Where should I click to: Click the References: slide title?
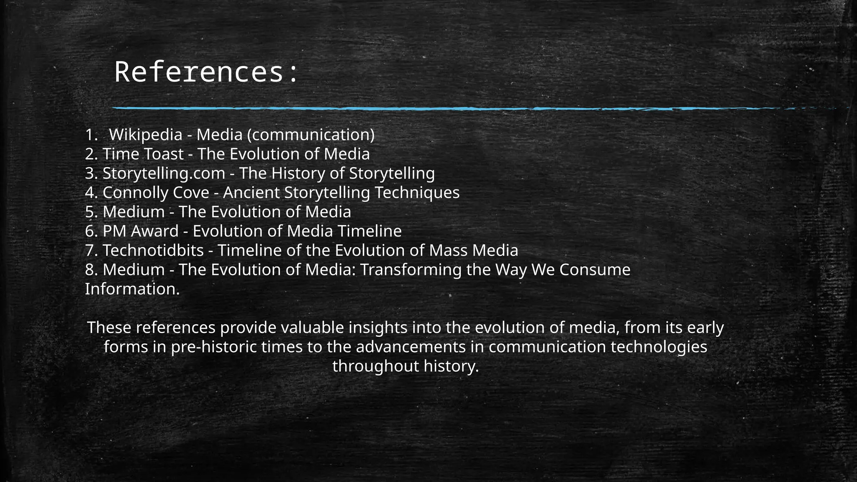[206, 72]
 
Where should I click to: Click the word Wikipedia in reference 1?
[146, 135]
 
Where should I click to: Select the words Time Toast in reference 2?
[143, 154]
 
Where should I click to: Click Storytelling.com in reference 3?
[164, 173]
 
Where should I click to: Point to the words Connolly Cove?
[156, 192]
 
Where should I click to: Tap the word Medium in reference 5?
[133, 212]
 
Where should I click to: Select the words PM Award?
[140, 231]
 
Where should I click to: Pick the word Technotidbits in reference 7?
[153, 250]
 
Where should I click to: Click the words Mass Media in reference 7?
[473, 250]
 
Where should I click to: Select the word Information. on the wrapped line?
[132, 289]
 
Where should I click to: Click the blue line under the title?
[418, 108]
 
